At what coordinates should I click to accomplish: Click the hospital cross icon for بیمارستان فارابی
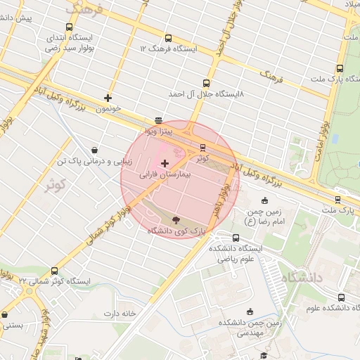tap(165, 163)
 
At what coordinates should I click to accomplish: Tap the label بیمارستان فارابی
tap(165, 173)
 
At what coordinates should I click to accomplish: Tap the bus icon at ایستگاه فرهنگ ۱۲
tap(167, 39)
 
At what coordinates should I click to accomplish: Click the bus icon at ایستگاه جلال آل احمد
tap(205, 83)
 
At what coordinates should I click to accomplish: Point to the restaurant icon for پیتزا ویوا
tap(158, 121)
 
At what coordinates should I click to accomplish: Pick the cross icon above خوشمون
tap(108, 98)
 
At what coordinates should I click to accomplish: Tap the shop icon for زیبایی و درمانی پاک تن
tap(94, 150)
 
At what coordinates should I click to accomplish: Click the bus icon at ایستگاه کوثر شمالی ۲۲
tap(55, 271)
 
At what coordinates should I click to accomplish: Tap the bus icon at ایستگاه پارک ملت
tap(340, 69)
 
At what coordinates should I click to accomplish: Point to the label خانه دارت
tap(117, 313)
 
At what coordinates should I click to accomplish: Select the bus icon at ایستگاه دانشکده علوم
tap(341, 297)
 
